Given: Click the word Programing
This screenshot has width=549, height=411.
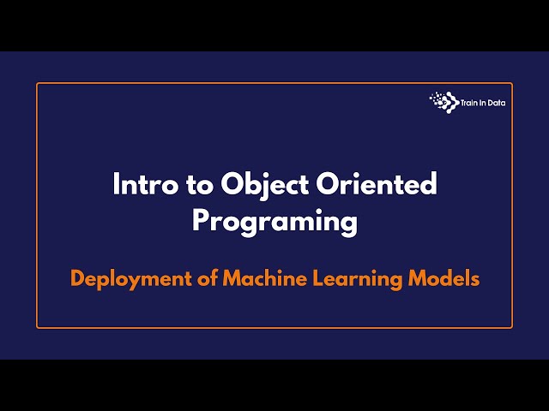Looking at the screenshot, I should point(274,222).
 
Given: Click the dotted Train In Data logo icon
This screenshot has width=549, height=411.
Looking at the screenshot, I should point(444,101).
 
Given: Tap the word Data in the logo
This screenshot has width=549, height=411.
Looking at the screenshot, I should point(498,102).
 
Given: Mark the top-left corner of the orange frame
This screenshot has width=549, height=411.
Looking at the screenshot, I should point(37,83).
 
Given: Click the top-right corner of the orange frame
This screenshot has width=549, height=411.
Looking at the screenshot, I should point(512,83).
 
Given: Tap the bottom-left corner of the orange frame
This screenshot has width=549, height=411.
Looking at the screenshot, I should point(37,328).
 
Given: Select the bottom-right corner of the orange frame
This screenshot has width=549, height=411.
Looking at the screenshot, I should point(512,328).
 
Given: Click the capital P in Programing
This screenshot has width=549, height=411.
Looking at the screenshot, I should point(200,220).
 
